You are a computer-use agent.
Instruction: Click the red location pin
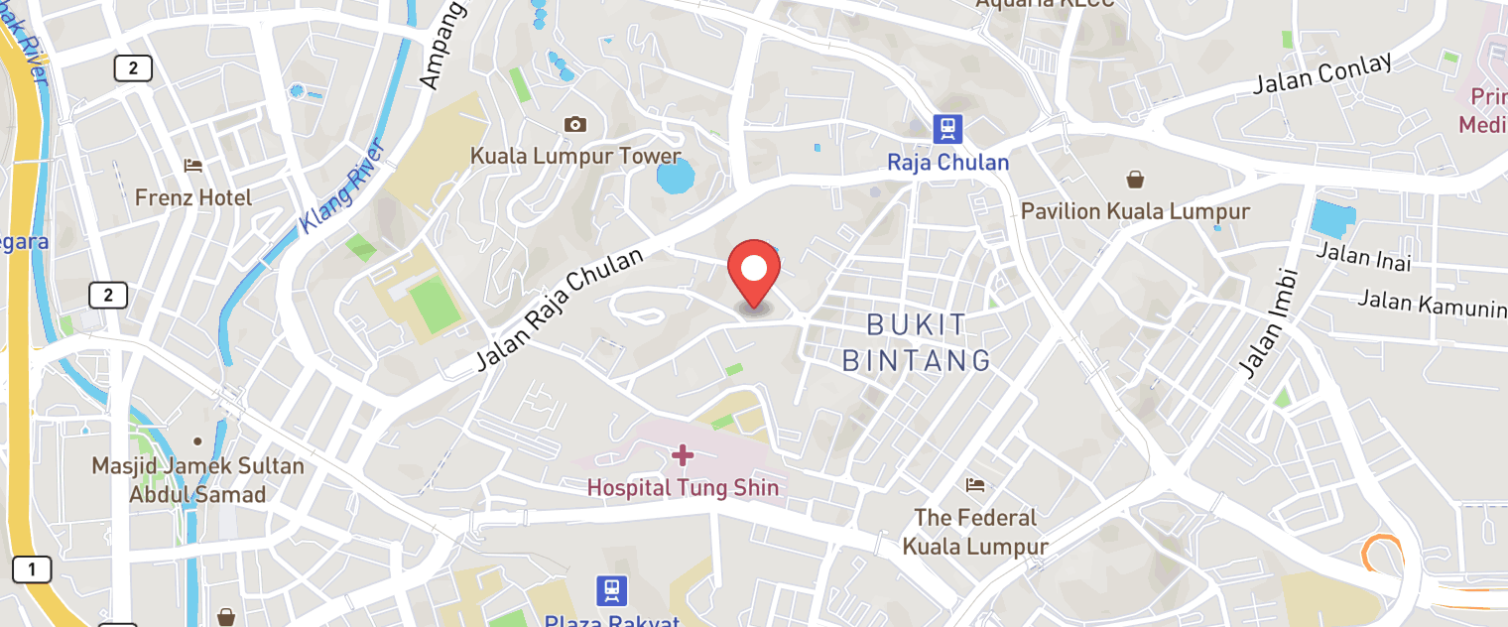pyautogui.click(x=754, y=271)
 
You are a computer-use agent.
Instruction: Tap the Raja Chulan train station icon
pyautogui.click(x=947, y=128)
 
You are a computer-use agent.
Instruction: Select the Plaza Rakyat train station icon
pyautogui.click(x=612, y=591)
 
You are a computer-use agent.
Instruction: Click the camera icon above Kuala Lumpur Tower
pyautogui.click(x=574, y=124)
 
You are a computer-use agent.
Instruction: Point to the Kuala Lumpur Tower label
pyautogui.click(x=575, y=157)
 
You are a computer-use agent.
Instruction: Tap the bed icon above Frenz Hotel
pyautogui.click(x=193, y=166)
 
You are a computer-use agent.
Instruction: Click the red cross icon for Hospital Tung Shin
pyautogui.click(x=683, y=455)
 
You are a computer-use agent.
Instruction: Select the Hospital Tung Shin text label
pyautogui.click(x=683, y=487)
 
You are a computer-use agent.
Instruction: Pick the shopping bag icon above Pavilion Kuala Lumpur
pyautogui.click(x=1135, y=180)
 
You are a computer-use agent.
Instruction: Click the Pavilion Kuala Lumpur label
pyautogui.click(x=1135, y=211)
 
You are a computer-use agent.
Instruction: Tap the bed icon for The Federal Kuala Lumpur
pyautogui.click(x=975, y=485)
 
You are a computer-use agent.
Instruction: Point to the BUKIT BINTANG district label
pyautogui.click(x=917, y=342)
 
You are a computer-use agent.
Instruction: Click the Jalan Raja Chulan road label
pyautogui.click(x=560, y=310)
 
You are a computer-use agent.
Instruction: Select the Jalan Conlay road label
pyautogui.click(x=1321, y=73)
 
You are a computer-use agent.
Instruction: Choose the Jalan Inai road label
pyautogui.click(x=1363, y=256)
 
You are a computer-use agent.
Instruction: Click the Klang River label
pyautogui.click(x=342, y=187)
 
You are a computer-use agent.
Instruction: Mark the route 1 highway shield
pyautogui.click(x=32, y=569)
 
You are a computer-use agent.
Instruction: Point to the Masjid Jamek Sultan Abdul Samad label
pyautogui.click(x=197, y=479)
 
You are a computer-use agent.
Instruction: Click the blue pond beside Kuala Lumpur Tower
pyautogui.click(x=676, y=177)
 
